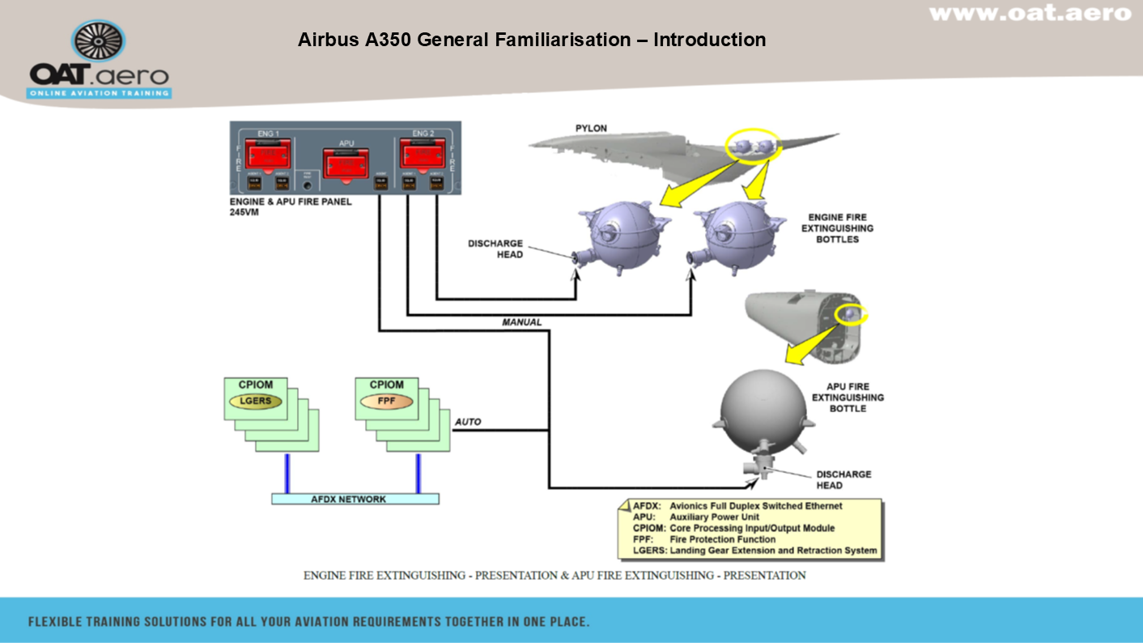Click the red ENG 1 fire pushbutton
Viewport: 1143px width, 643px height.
[x=269, y=154]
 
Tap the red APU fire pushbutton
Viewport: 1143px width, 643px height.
[x=346, y=164]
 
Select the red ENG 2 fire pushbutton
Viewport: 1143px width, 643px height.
[x=423, y=154]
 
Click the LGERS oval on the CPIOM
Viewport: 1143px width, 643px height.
[x=255, y=401]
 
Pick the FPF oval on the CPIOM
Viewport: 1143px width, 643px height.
[x=387, y=401]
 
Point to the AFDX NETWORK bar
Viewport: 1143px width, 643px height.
[x=355, y=499]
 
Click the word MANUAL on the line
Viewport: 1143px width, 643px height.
[x=521, y=322]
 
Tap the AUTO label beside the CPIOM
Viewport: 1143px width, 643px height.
[x=468, y=422]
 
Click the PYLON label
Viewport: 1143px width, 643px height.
[x=591, y=128]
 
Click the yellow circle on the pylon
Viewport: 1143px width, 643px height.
[x=753, y=144]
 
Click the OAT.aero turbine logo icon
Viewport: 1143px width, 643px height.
[x=99, y=41]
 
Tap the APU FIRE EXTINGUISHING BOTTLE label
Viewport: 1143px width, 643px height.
[x=848, y=398]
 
